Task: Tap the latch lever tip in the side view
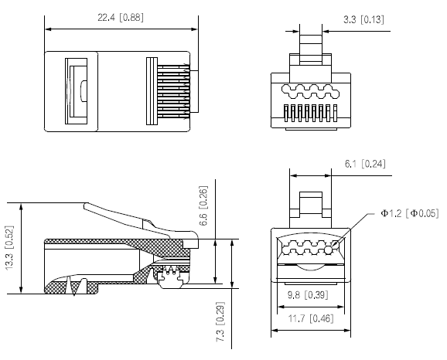click(x=87, y=206)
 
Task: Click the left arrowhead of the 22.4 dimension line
click(x=49, y=30)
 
